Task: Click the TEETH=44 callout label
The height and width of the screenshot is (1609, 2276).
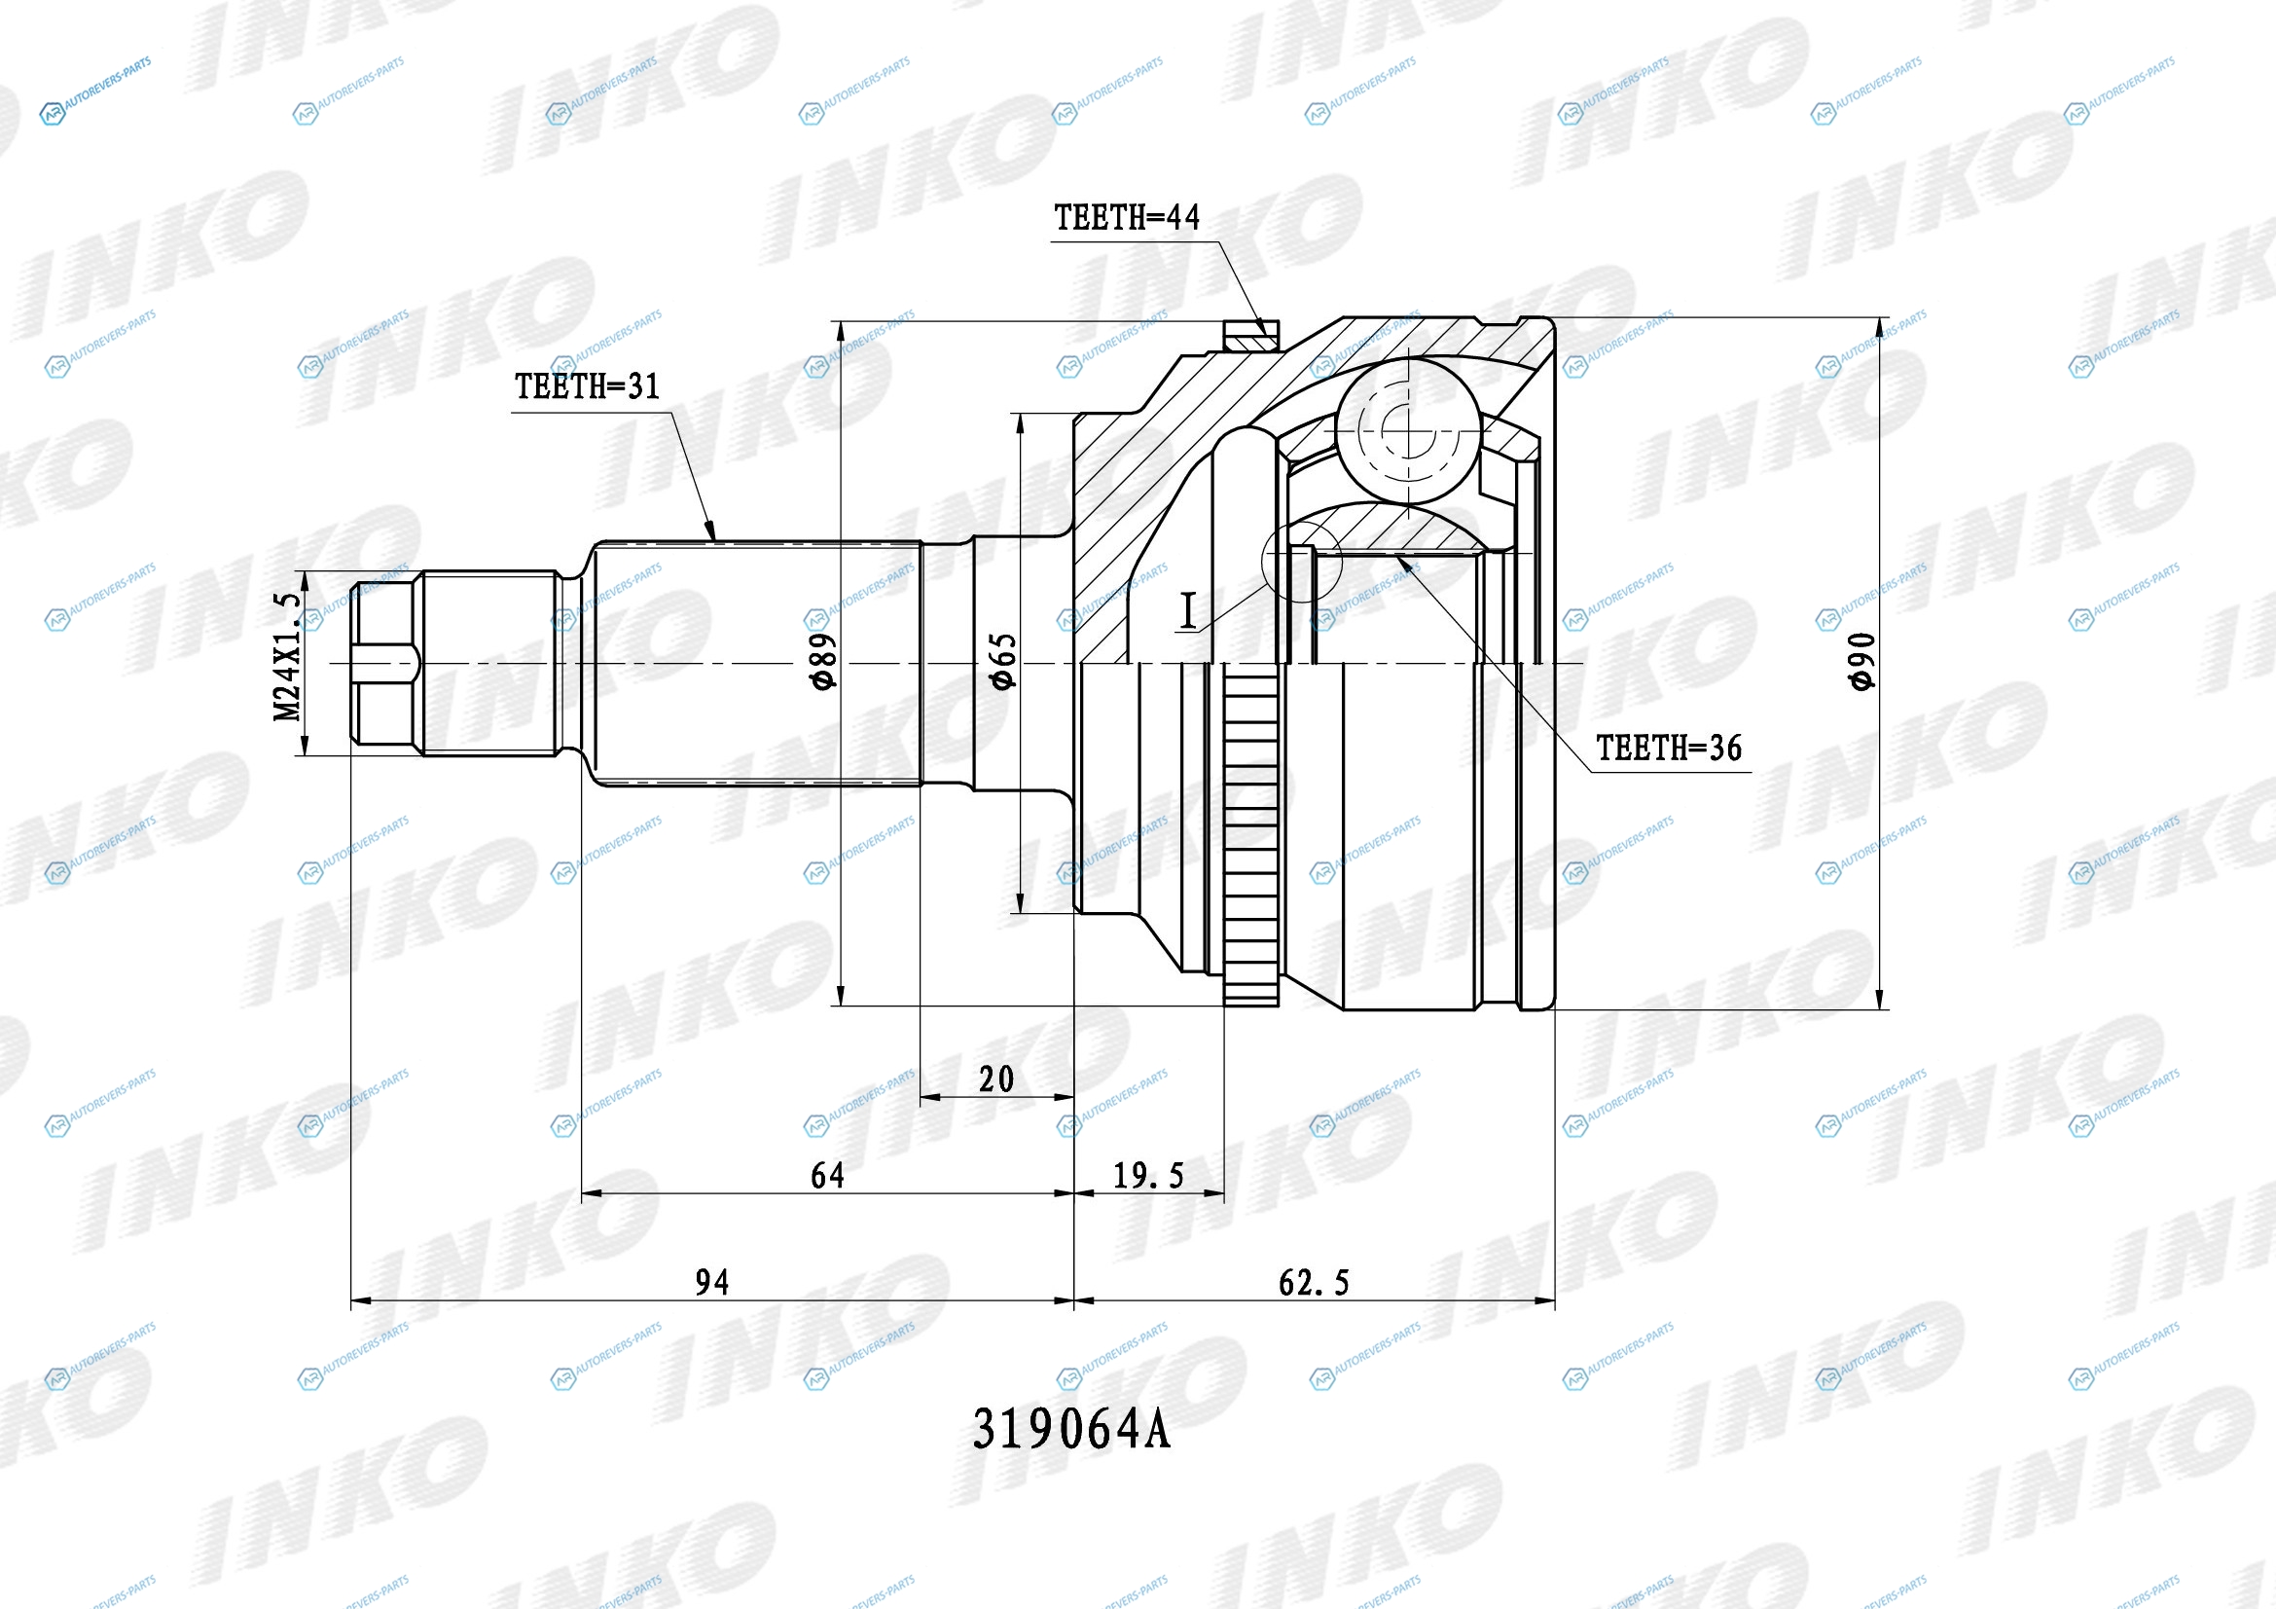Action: (x=1126, y=218)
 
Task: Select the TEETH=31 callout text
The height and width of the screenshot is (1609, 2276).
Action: (x=587, y=386)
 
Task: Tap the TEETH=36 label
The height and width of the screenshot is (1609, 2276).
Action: (x=1669, y=749)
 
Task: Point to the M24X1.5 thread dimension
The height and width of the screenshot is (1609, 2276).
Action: (x=287, y=657)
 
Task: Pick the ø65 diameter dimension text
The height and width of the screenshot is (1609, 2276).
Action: (x=1003, y=661)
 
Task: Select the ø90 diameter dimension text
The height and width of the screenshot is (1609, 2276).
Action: (x=1861, y=661)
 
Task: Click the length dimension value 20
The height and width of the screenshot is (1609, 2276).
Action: (x=996, y=1079)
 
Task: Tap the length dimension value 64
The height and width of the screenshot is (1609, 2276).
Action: (x=828, y=1176)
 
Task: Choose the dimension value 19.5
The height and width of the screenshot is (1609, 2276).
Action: (x=1148, y=1176)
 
